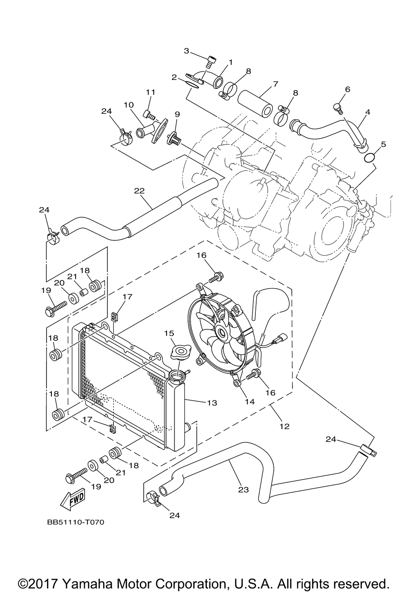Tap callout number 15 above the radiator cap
pos(169,333)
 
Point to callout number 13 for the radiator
pos(212,403)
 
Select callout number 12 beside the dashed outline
pos(284,426)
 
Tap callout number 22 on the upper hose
pos(140,191)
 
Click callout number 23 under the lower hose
pos(243,490)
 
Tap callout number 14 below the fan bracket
pos(250,402)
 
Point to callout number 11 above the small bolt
pos(151,92)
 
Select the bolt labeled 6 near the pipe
pos(337,109)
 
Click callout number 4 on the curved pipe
pos(367,112)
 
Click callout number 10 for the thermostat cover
pos(129,105)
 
